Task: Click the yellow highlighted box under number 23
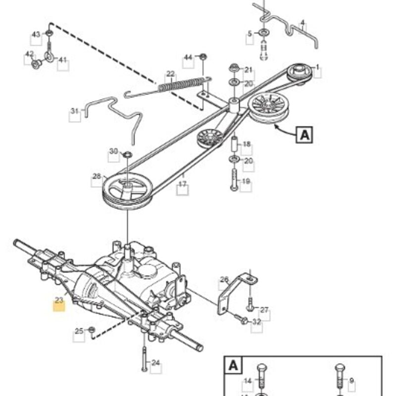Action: click(x=59, y=306)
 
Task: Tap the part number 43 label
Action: click(x=36, y=34)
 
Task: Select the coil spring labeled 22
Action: click(x=181, y=84)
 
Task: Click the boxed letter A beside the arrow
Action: click(x=304, y=135)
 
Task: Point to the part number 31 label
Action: click(x=75, y=111)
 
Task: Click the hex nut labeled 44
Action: click(x=203, y=57)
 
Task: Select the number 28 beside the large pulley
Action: click(x=97, y=176)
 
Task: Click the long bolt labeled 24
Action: click(x=144, y=359)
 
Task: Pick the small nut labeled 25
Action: click(x=92, y=329)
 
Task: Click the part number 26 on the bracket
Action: click(x=224, y=280)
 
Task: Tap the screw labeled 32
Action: click(x=241, y=319)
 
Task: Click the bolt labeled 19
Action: click(x=234, y=180)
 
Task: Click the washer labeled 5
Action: click(x=264, y=33)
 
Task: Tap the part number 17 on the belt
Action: click(x=182, y=184)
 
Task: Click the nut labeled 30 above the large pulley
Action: click(x=128, y=154)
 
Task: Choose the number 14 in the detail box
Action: click(x=248, y=381)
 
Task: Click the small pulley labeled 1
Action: click(x=299, y=72)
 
